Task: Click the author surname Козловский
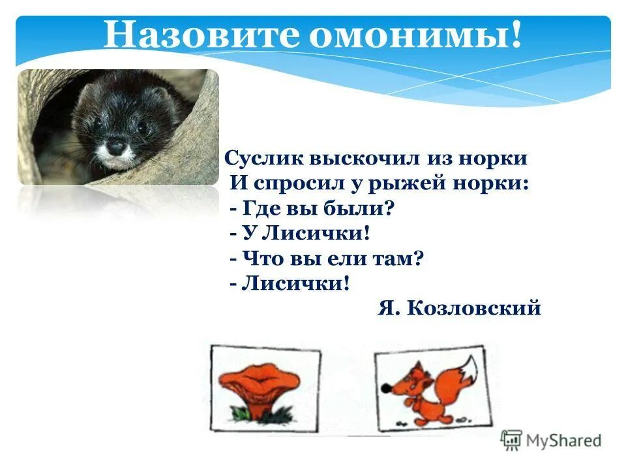(x=474, y=308)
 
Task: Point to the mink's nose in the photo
(x=116, y=148)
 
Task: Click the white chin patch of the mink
(x=117, y=160)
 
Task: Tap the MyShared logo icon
(x=511, y=441)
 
